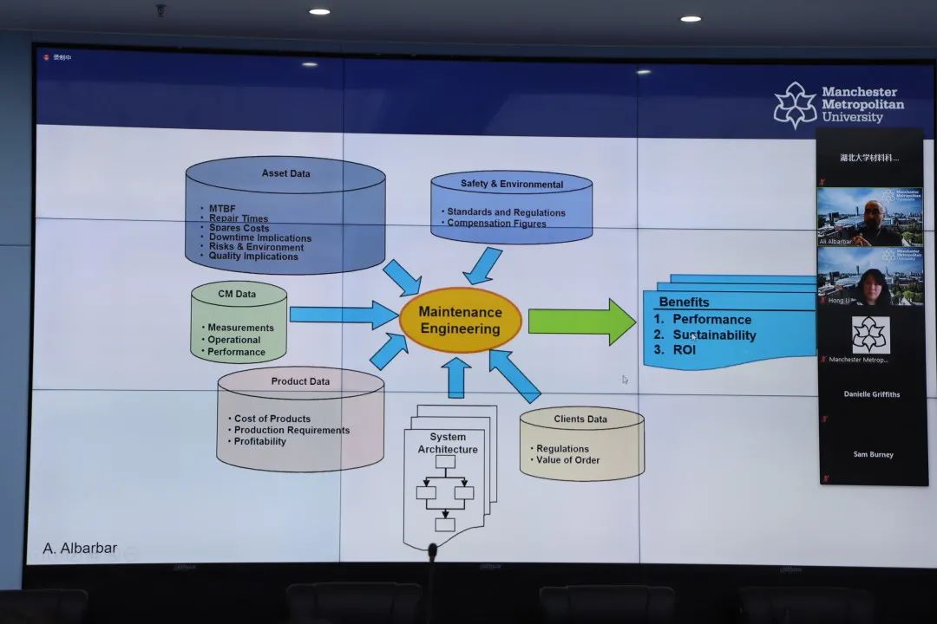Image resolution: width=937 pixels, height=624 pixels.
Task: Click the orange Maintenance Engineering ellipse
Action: pyautogui.click(x=460, y=320)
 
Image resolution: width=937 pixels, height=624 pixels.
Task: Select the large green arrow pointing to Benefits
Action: pyautogui.click(x=581, y=322)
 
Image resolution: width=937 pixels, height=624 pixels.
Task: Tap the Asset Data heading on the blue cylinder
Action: pyautogui.click(x=285, y=173)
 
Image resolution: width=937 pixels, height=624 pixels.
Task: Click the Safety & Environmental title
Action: pyautogui.click(x=511, y=184)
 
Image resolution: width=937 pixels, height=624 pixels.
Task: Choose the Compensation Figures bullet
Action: pyautogui.click(x=496, y=224)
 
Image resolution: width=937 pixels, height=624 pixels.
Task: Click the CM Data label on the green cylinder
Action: pyautogui.click(x=237, y=294)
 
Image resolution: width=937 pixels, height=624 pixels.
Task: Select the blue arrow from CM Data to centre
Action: pyautogui.click(x=343, y=315)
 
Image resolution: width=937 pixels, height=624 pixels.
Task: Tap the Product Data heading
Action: pyautogui.click(x=300, y=381)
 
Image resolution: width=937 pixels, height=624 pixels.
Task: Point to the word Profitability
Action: pyautogui.click(x=259, y=441)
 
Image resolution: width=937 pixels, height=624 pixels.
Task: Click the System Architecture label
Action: pyautogui.click(x=448, y=443)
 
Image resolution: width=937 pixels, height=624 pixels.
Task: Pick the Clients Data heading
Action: pyautogui.click(x=580, y=419)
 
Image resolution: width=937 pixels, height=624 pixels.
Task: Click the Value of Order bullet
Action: pyautogui.click(x=567, y=460)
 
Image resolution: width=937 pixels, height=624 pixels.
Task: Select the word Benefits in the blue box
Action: pyautogui.click(x=684, y=302)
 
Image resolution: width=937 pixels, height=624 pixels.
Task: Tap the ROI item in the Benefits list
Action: pyautogui.click(x=685, y=350)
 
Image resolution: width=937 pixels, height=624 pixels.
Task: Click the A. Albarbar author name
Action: pyautogui.click(x=80, y=549)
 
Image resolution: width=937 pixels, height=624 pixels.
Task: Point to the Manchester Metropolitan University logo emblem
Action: pyautogui.click(x=795, y=105)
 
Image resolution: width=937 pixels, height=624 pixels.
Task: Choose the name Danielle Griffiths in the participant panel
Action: pyautogui.click(x=871, y=394)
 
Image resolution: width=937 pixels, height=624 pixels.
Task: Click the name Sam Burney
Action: pyautogui.click(x=872, y=454)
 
